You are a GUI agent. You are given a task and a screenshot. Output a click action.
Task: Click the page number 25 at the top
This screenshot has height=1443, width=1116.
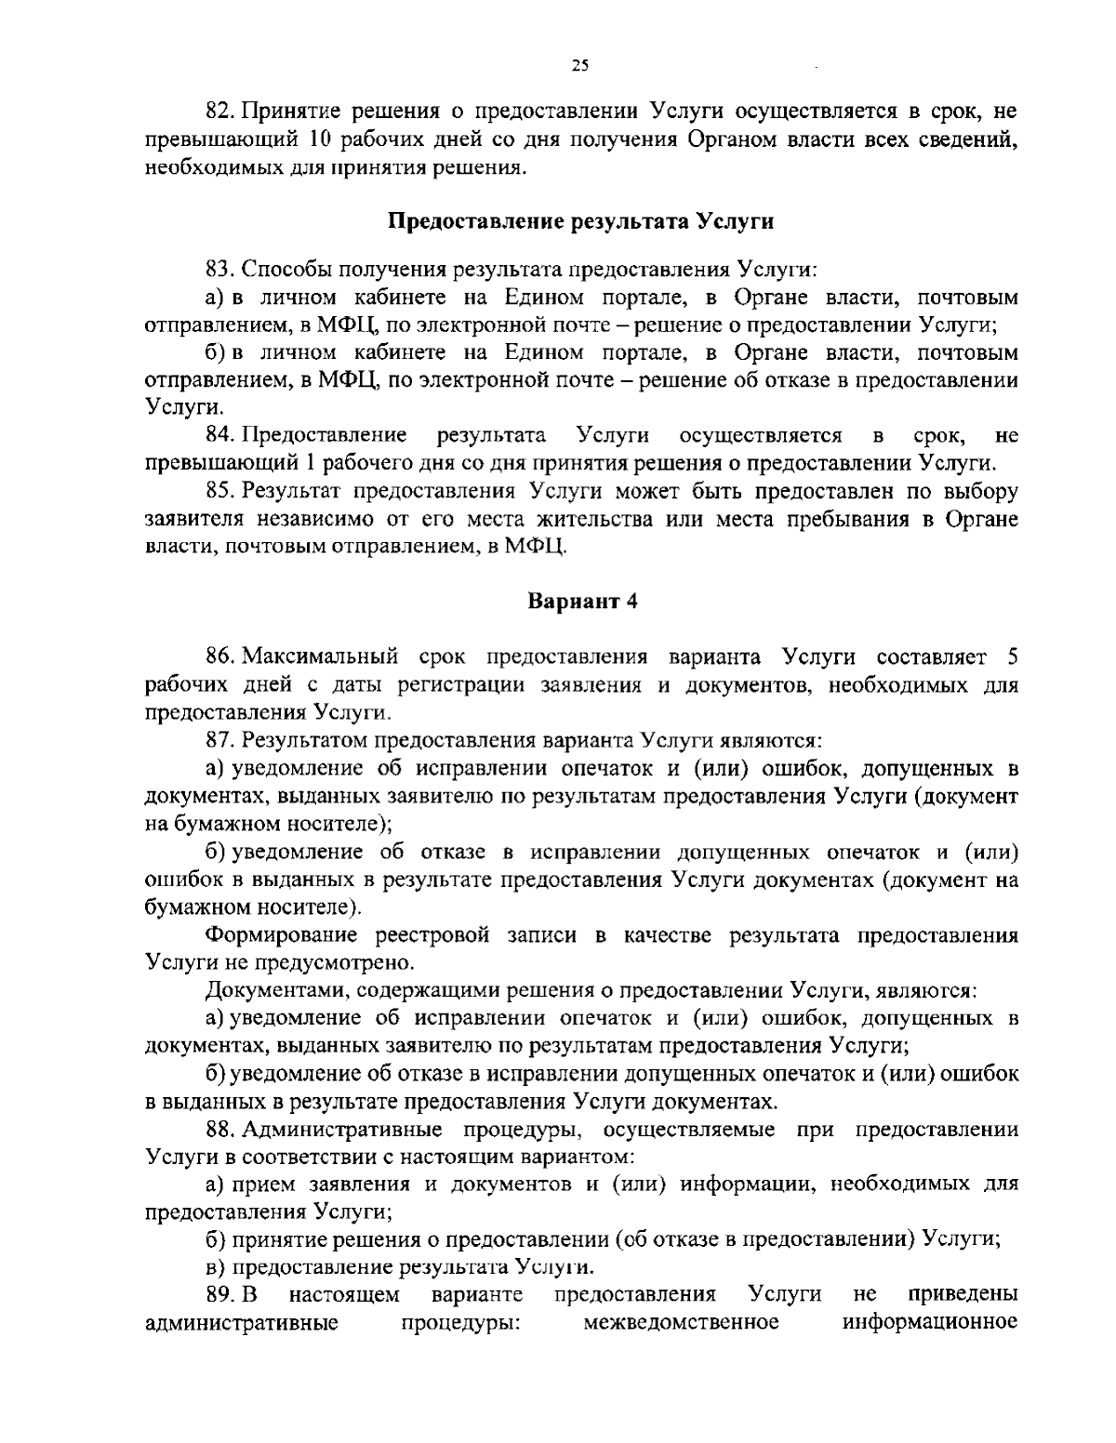pyautogui.click(x=580, y=65)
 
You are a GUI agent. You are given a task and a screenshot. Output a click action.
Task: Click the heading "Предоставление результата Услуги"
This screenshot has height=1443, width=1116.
pyautogui.click(x=581, y=222)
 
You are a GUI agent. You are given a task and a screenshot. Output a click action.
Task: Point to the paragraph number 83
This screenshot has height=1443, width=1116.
pyautogui.click(x=219, y=271)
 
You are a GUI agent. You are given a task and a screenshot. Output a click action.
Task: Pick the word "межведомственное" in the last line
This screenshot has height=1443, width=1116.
pyautogui.click(x=682, y=1322)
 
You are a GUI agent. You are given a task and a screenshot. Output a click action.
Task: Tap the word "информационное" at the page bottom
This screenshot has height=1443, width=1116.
pyautogui.click(x=930, y=1322)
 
